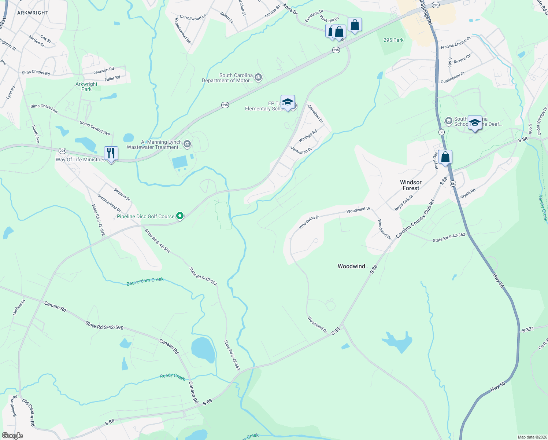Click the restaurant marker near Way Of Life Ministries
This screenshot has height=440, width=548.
111,153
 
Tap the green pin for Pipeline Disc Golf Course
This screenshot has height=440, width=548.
180,216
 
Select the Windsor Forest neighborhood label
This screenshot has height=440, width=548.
411,185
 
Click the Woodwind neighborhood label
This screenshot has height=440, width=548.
351,266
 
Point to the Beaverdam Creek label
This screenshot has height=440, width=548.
145,282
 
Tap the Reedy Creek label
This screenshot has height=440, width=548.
173,377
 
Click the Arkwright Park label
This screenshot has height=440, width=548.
86,87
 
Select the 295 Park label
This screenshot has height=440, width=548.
393,40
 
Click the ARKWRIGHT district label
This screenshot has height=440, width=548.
33,13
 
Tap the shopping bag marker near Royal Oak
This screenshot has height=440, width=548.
445,157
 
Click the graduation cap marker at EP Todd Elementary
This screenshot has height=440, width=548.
288,102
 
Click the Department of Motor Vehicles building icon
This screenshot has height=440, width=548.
258,77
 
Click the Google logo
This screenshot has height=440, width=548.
12,436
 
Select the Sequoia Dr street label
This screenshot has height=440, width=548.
122,194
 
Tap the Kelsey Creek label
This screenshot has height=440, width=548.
543,208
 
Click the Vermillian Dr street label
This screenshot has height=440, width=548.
301,150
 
